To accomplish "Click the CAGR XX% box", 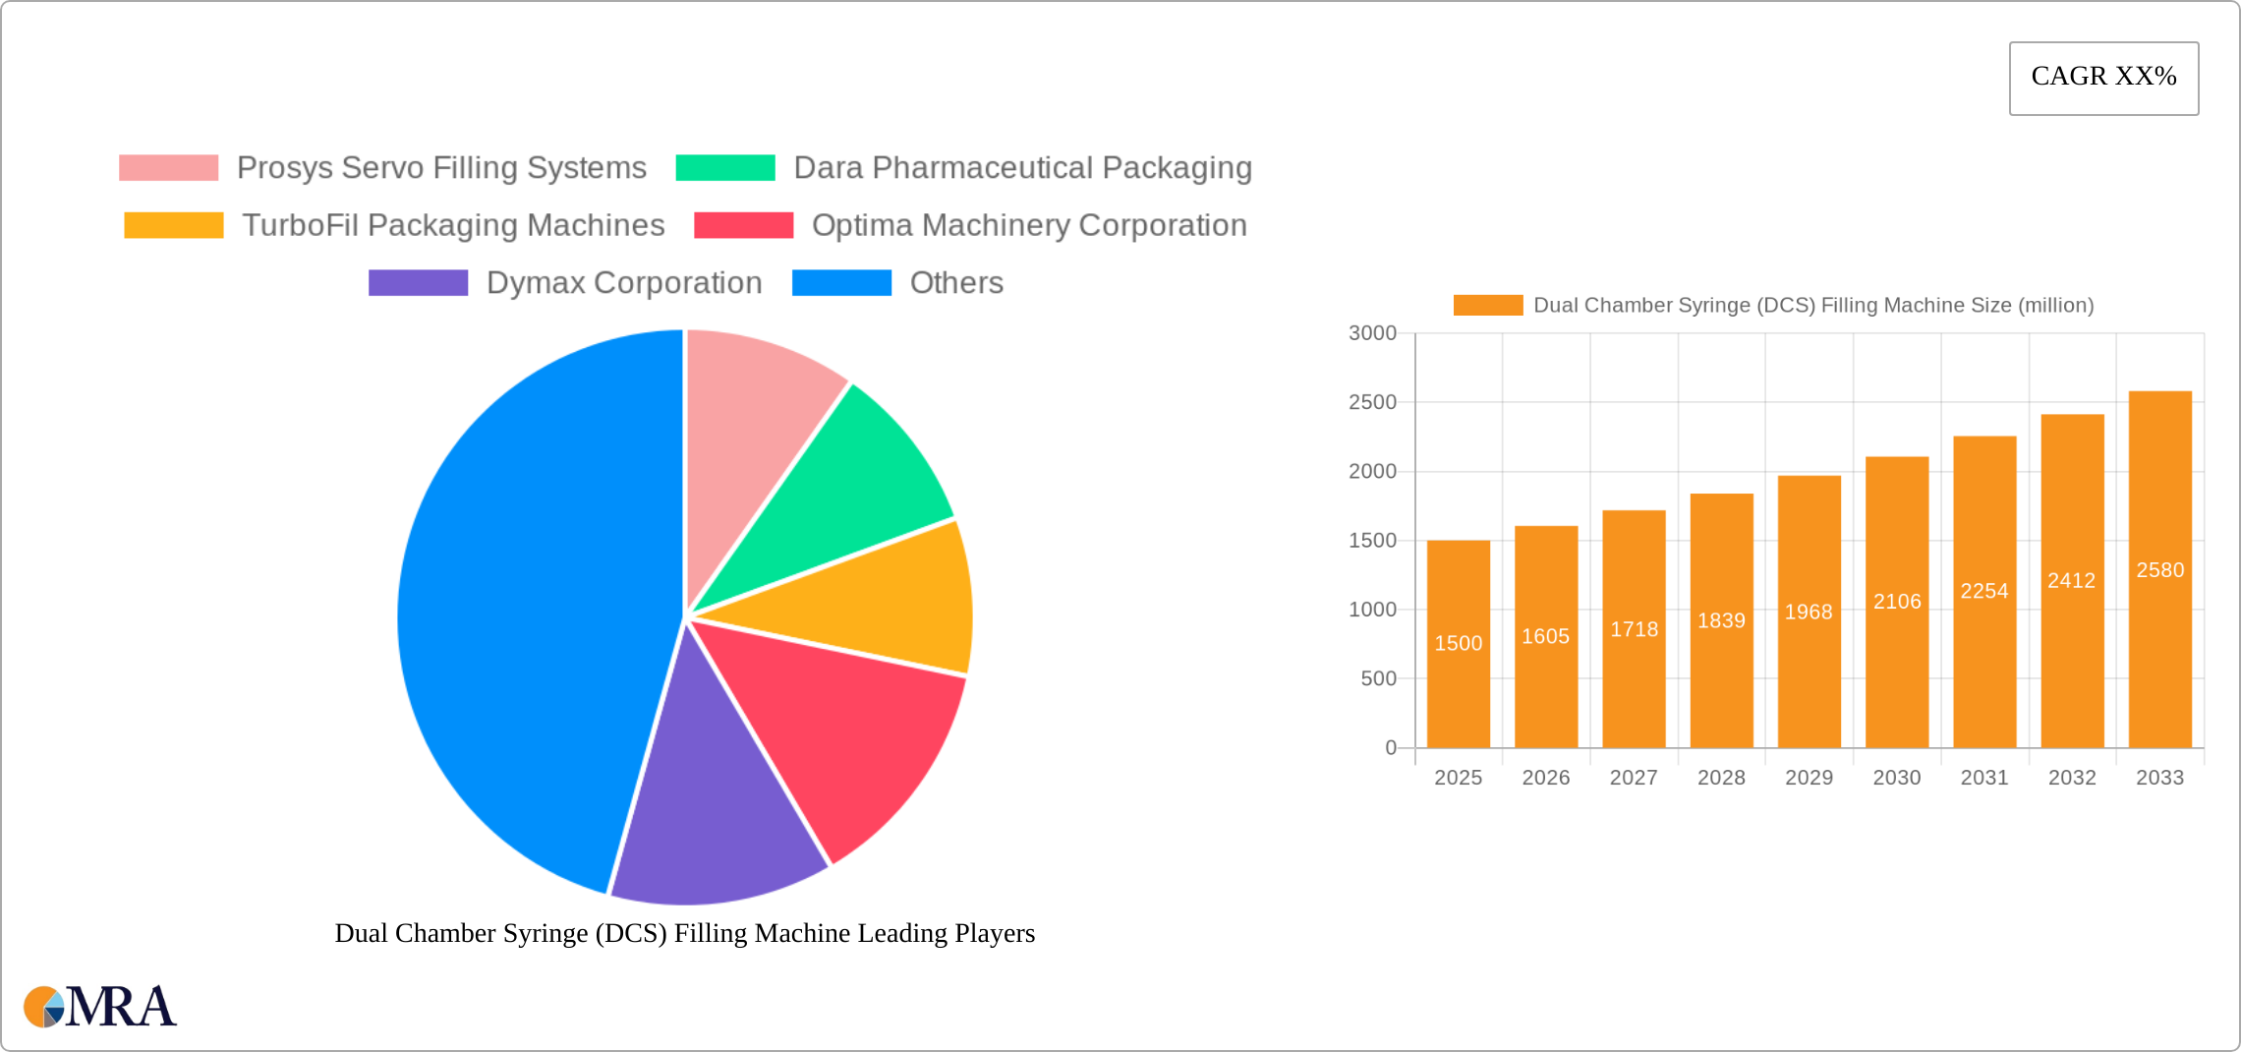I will point(2103,78).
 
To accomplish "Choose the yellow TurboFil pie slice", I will point(885,600).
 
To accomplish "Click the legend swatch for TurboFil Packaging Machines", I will point(174,225).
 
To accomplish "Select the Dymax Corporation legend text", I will point(624,283).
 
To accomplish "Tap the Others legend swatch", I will point(841,283).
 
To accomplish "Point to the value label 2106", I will point(1897,602).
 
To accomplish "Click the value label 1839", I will point(1721,621).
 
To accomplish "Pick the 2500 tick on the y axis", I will point(1372,402).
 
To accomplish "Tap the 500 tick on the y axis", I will point(1378,678).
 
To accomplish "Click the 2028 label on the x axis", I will point(1721,778).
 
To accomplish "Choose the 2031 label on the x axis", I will point(1984,778).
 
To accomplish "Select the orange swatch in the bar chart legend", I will point(1487,306).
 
